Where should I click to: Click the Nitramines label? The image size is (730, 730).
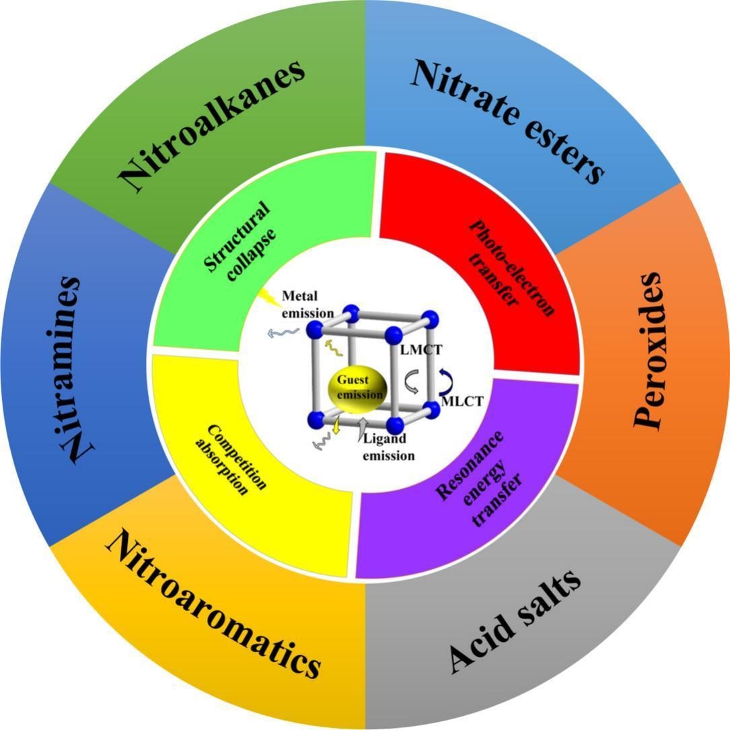[80, 369]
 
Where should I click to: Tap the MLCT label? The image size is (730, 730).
[460, 403]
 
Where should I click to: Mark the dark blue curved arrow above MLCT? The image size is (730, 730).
[445, 381]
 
